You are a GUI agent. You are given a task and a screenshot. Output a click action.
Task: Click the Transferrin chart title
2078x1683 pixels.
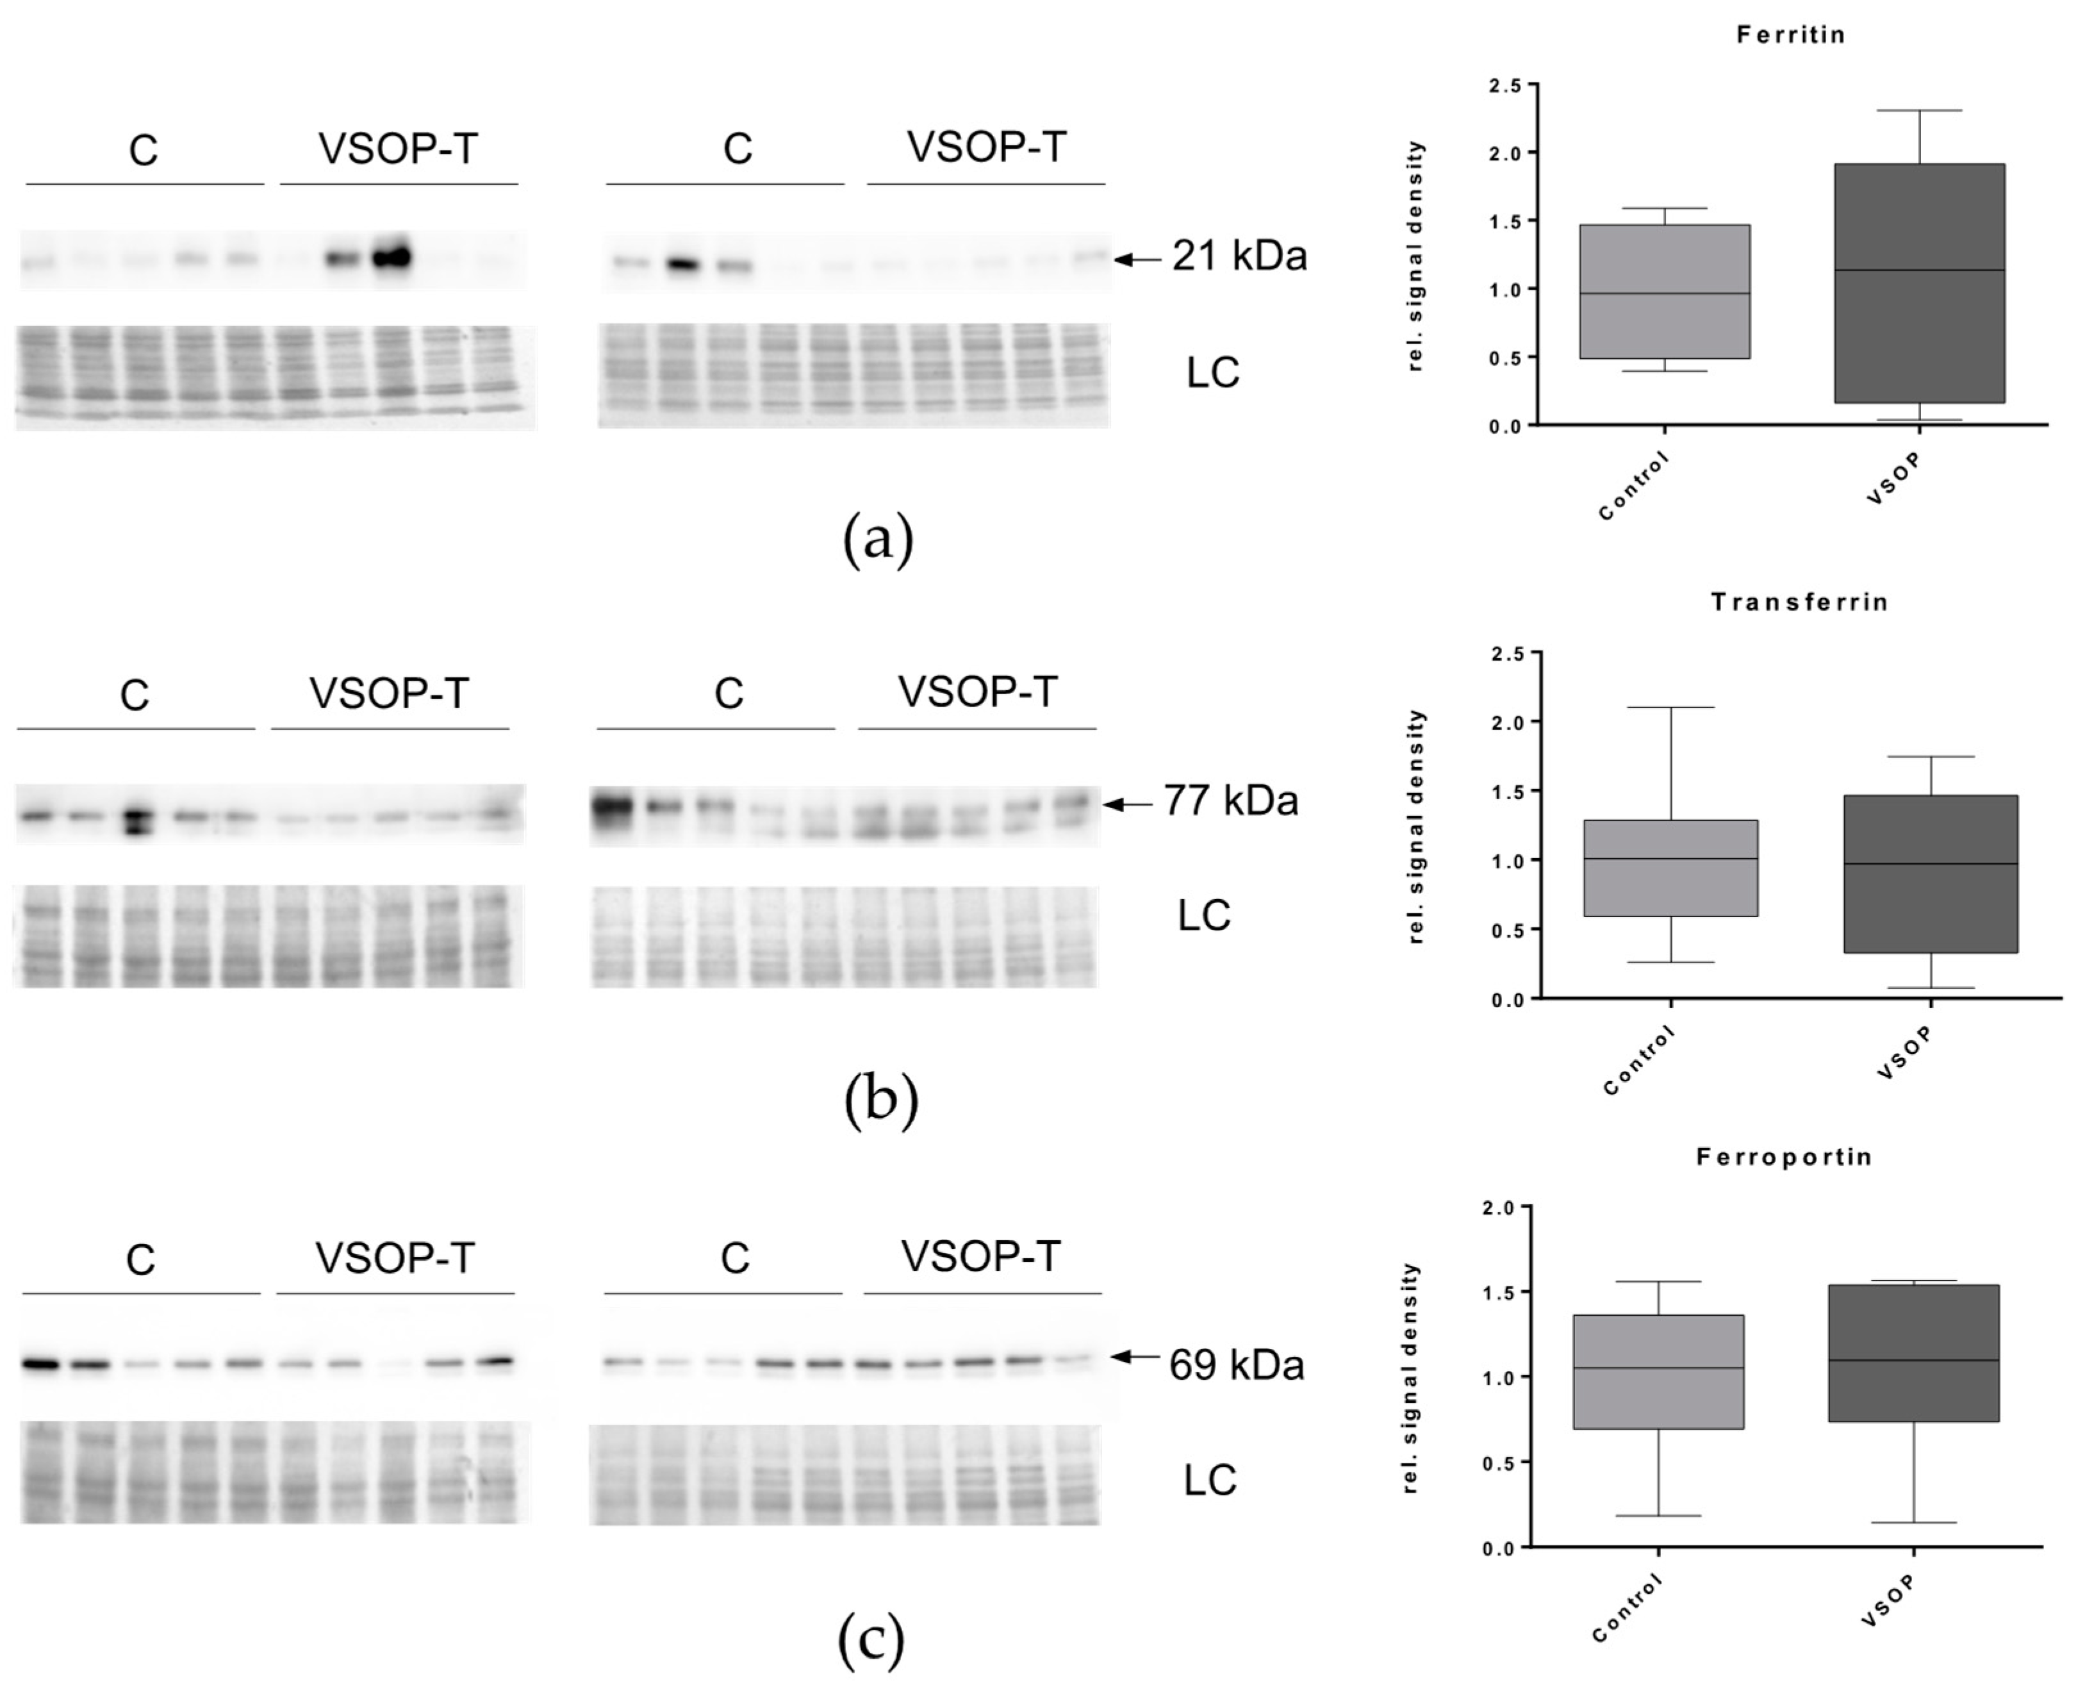tap(1799, 602)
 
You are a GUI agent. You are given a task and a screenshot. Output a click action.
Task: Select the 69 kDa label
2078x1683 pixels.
tap(1237, 1365)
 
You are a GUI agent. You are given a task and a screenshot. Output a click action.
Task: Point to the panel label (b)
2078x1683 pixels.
tap(880, 1101)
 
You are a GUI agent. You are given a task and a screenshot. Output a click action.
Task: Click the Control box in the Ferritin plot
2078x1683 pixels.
tap(1664, 292)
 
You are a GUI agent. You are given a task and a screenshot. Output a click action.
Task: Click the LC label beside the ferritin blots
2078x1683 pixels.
tap(1212, 373)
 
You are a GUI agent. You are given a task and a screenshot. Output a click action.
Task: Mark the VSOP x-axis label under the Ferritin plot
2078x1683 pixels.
tap(1893, 480)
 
